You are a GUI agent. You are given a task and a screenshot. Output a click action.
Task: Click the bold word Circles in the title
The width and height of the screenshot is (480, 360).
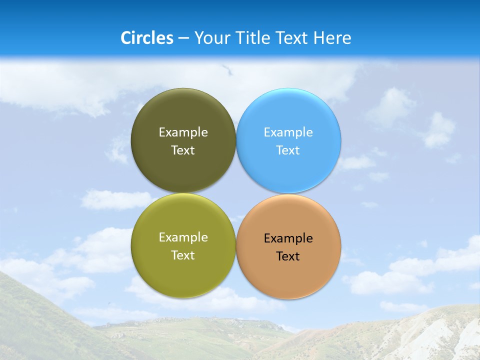(x=147, y=37)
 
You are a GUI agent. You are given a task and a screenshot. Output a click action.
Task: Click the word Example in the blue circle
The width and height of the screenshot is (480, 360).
(x=288, y=132)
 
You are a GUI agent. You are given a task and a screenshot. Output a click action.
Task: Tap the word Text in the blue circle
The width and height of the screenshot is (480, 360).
(x=288, y=150)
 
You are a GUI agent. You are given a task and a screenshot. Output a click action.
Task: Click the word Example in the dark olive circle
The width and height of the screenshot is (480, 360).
(x=183, y=132)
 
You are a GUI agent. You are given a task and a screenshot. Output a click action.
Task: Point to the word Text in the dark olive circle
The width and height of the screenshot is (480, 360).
(x=183, y=150)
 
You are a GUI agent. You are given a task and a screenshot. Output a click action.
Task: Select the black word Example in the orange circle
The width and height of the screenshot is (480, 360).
(x=288, y=238)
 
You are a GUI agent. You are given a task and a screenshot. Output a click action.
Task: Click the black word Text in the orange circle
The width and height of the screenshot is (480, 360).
(x=288, y=256)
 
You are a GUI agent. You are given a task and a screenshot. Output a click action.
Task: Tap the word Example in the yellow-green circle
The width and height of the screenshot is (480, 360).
(x=183, y=237)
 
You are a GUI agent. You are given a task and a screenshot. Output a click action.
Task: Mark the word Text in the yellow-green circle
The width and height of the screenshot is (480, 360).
(x=183, y=255)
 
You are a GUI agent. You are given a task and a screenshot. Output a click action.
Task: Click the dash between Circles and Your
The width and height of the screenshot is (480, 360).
(x=183, y=38)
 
